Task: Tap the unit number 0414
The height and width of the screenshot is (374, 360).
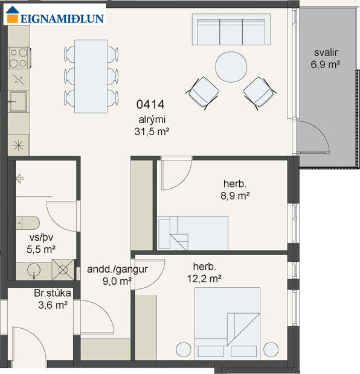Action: (151, 104)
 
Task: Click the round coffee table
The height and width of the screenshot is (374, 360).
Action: (231, 66)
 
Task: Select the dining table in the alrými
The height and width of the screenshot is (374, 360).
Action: (91, 76)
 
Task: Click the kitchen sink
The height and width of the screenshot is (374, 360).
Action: (18, 101)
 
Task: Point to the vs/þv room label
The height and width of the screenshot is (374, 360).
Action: (38, 237)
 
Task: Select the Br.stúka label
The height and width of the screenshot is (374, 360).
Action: (53, 294)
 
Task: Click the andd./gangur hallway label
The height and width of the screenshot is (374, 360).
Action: (110, 270)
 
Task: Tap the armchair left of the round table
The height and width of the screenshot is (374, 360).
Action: (202, 92)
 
